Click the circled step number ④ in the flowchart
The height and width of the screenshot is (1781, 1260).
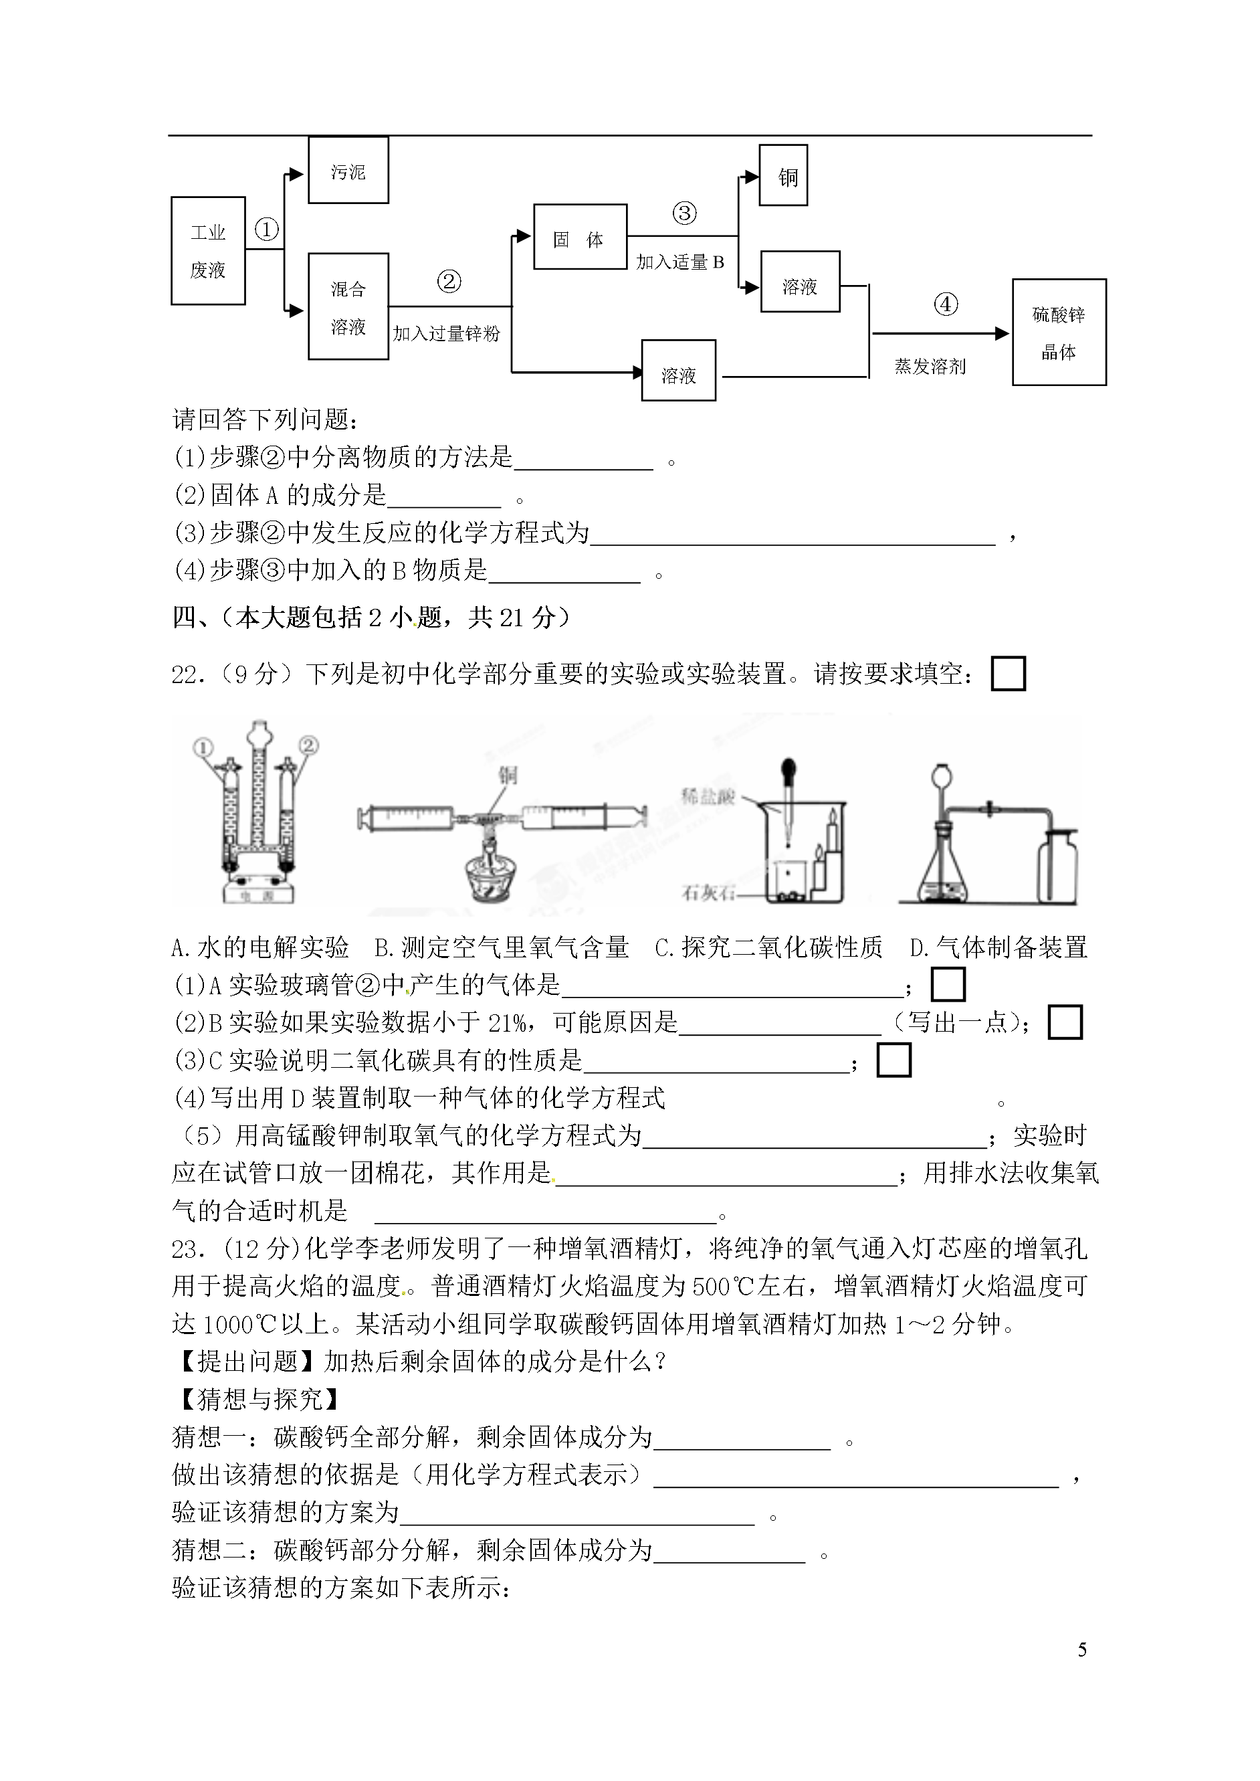[946, 304]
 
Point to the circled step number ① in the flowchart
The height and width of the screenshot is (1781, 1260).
[266, 229]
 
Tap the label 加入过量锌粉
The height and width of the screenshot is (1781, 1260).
[446, 334]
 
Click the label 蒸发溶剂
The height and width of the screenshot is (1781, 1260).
[930, 366]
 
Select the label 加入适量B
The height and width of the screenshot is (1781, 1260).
[680, 262]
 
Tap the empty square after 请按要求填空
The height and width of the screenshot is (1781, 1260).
[1008, 674]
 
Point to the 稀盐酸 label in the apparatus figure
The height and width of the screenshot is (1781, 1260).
[708, 797]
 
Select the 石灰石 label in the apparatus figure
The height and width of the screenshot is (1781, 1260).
[708, 893]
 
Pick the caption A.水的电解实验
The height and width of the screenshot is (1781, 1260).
[260, 947]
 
